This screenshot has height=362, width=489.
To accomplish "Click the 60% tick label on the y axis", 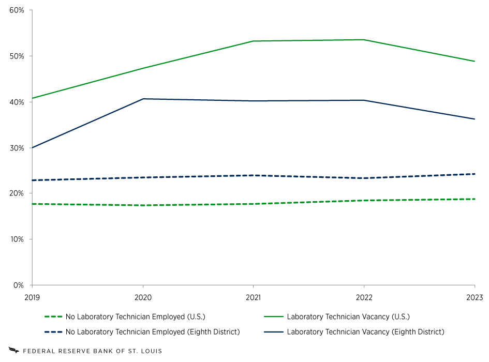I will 18,10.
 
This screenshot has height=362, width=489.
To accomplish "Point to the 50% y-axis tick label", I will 18,56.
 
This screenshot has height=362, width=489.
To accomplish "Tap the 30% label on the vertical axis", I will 18,148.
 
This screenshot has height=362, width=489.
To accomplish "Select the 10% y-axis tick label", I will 18,239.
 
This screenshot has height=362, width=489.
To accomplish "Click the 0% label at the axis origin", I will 20,285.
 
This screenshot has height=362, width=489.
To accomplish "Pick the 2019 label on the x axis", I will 32,297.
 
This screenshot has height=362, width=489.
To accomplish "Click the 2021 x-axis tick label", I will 253,297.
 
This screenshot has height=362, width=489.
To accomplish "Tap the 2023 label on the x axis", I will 474,297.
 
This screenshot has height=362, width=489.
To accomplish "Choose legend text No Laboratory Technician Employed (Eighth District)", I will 153,331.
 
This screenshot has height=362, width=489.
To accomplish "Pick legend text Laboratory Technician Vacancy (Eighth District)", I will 365,331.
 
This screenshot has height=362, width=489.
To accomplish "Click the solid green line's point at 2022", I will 364,40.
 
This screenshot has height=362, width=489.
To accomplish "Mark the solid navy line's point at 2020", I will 143,99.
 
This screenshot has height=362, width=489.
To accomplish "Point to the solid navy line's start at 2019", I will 33,148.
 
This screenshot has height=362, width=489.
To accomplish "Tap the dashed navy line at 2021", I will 253,175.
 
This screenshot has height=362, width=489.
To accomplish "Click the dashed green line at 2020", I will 143,205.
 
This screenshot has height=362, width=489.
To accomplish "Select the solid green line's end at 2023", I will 474,61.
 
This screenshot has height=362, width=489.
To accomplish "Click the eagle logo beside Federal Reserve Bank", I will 13,350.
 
